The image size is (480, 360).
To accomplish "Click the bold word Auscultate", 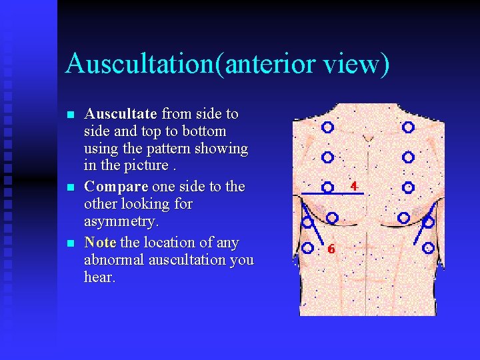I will click(121, 114).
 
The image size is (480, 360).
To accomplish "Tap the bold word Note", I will click(100, 242).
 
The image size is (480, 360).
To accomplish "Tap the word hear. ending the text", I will click(100, 277).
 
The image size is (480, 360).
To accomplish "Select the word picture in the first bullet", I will click(135, 165).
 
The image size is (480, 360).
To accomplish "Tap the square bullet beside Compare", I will click(70, 187).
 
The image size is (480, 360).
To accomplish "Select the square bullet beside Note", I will click(70, 243).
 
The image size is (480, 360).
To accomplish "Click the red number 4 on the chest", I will click(353, 185).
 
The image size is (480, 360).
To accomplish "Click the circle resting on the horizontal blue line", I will click(327, 187).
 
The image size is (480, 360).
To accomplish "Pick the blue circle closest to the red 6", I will click(308, 247).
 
